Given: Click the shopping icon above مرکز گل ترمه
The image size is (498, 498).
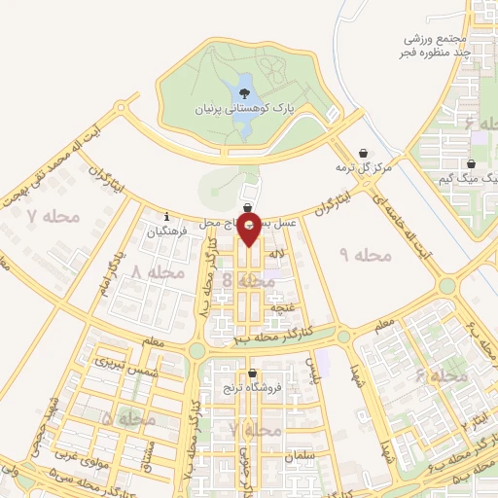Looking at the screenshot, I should pos(363,153).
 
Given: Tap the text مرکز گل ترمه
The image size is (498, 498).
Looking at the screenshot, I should pos(363,168).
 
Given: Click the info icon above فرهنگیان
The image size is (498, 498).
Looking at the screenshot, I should pos(167,216).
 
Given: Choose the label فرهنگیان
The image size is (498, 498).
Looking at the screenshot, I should pos(167,231).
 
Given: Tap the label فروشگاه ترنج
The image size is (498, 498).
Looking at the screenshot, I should pos(253,388).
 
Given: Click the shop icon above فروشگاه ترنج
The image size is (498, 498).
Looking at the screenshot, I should pos(253,373).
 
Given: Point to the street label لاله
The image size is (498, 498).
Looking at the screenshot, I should pos(276,254).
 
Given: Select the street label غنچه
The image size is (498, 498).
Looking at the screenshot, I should pos(282,307).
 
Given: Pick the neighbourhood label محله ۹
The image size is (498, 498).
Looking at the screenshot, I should pos(365,254).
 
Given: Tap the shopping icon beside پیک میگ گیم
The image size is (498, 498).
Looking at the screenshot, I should pos(471,164).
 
